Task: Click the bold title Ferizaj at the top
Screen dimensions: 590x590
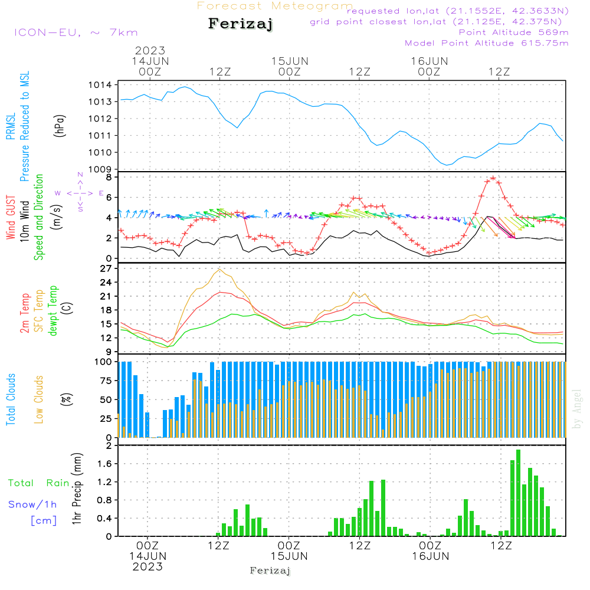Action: [241, 25]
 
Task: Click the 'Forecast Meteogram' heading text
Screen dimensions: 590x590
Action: [275, 6]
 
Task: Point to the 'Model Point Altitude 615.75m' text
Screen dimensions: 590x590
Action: [487, 43]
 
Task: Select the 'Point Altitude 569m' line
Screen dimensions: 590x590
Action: [513, 32]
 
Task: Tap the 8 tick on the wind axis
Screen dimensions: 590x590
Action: [109, 177]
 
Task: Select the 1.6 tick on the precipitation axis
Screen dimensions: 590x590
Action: [104, 464]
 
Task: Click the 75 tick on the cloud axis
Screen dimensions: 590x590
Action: [104, 381]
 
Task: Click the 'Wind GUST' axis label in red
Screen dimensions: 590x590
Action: [11, 218]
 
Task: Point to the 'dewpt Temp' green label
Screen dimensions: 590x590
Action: [53, 311]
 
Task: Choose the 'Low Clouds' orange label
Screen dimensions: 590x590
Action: [39, 399]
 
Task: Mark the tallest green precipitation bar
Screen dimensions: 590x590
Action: [518, 493]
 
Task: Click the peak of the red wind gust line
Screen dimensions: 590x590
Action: [493, 178]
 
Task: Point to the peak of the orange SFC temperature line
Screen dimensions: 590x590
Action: [220, 270]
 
